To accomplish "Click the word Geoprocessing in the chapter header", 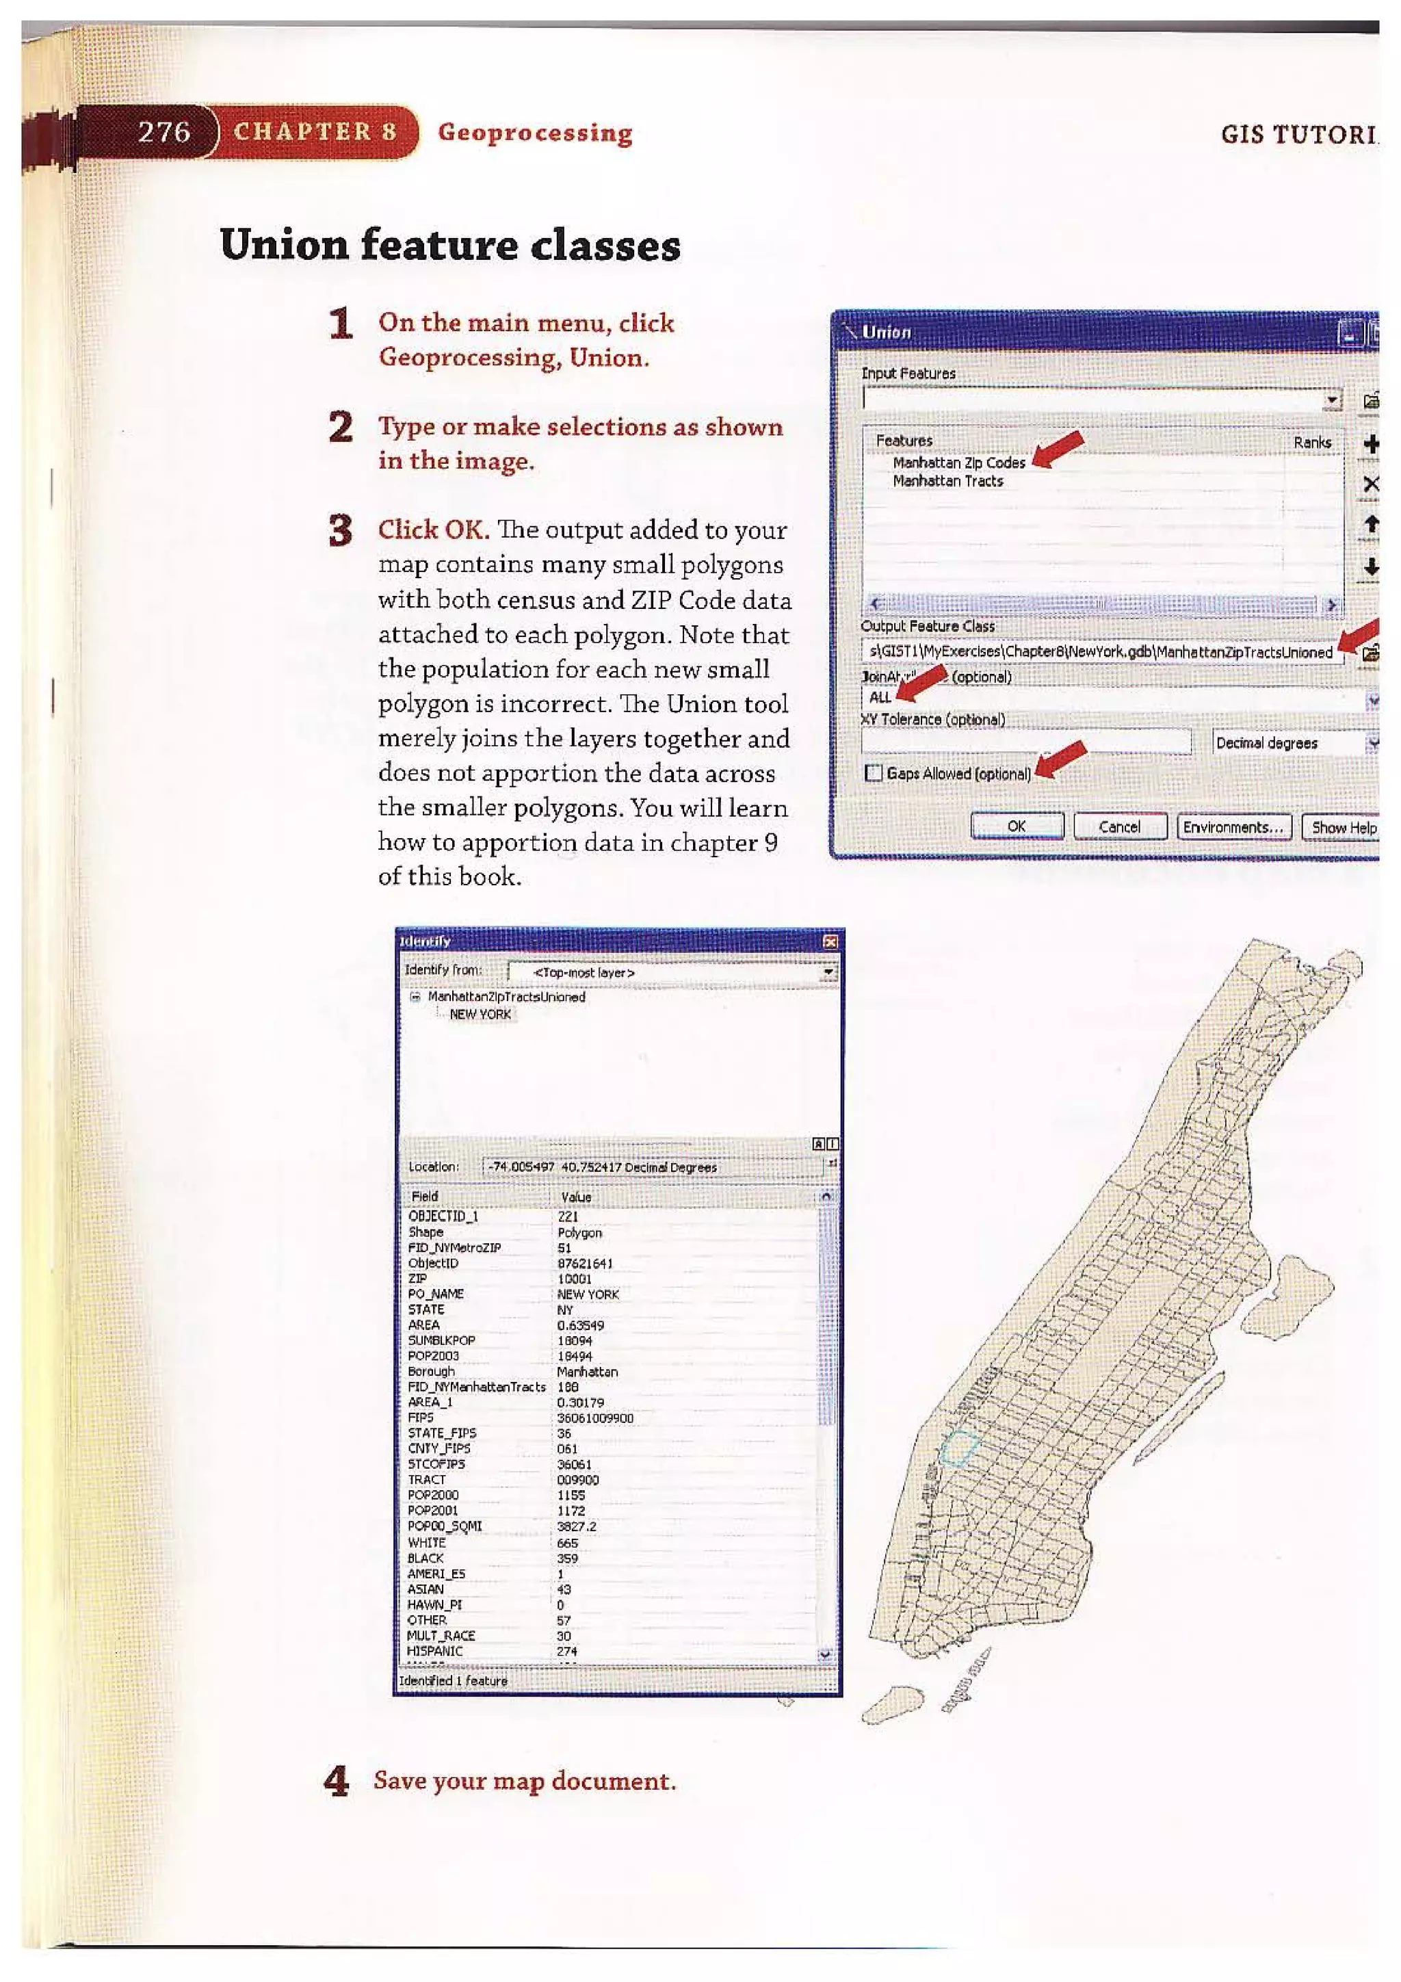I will [534, 133].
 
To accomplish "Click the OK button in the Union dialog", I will [1016, 826].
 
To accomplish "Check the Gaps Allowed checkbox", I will [874, 772].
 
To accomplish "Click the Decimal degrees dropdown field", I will [1286, 742].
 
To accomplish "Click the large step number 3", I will [341, 530].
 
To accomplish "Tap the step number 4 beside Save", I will [336, 1781].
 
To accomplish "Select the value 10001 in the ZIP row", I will [574, 1279].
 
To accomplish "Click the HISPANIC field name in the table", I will [434, 1650].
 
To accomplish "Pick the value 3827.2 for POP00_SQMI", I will [576, 1526].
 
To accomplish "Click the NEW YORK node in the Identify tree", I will [480, 1015].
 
